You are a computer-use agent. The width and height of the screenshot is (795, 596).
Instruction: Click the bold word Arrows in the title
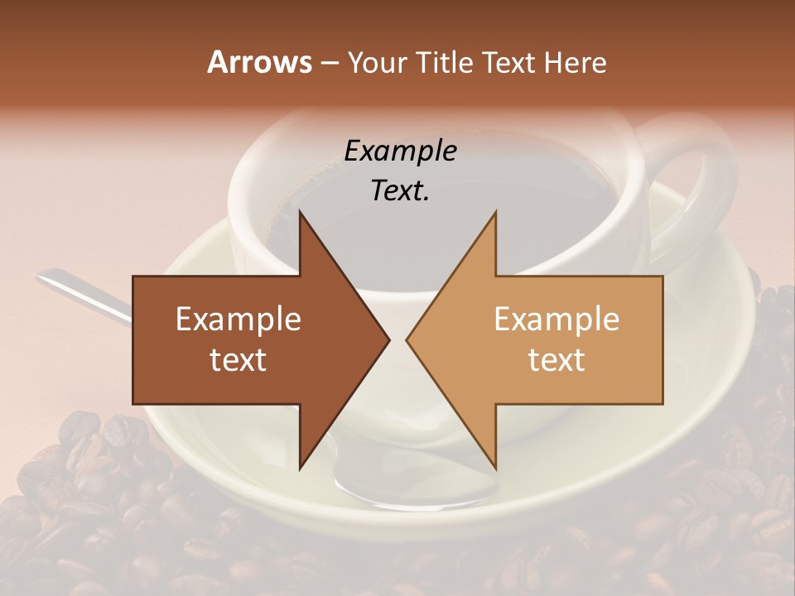click(x=259, y=62)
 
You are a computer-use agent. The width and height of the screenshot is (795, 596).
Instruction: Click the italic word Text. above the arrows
click(x=400, y=191)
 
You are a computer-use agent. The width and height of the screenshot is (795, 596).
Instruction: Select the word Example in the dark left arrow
click(x=238, y=319)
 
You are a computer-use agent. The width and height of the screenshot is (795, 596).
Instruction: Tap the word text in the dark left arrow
click(x=238, y=360)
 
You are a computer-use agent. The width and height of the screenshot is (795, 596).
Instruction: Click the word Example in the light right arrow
click(x=556, y=319)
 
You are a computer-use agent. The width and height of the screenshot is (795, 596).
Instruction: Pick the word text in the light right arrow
click(x=556, y=360)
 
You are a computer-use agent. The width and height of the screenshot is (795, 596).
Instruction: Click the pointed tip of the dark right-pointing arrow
click(x=388, y=339)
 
